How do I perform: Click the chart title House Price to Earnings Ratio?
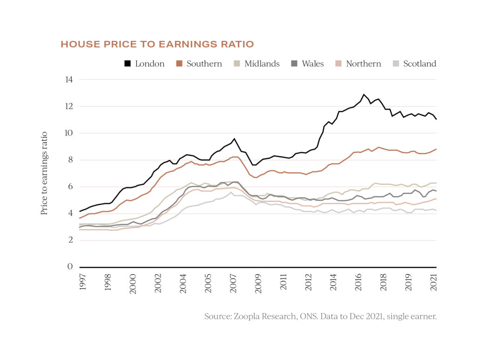coord(157,44)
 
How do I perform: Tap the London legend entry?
coord(144,64)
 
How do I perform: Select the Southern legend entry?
coord(199,64)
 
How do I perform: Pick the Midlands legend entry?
coord(257,64)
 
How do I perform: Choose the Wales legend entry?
coord(307,64)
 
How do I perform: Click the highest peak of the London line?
coord(364,95)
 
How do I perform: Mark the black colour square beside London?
coord(127,64)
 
